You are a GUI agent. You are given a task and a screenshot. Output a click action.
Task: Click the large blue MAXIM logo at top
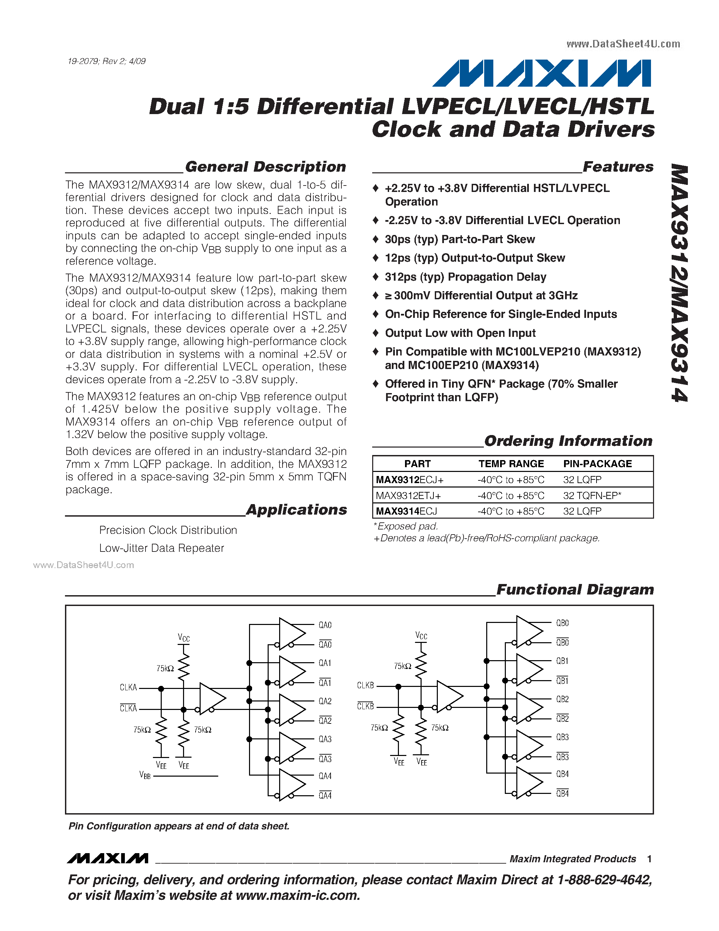pyautogui.click(x=542, y=73)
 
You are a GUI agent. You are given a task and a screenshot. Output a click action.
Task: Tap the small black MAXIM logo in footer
pyautogui.click(x=107, y=858)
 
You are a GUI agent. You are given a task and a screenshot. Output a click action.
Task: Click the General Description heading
pyautogui.click(x=265, y=167)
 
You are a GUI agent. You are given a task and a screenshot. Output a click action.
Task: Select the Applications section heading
pyautogui.click(x=296, y=510)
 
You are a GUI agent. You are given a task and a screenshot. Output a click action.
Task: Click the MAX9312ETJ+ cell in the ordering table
pyautogui.click(x=408, y=495)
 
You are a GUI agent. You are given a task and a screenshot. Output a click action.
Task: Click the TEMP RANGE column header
pyautogui.click(x=511, y=464)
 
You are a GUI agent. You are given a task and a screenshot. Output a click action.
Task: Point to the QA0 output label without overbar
pyautogui.click(x=325, y=625)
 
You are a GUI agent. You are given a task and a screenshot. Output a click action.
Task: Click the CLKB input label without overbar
pyautogui.click(x=365, y=685)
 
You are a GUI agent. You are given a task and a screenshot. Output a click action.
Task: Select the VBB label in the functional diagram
pyautogui.click(x=145, y=775)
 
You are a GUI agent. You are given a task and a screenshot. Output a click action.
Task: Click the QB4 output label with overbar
pyautogui.click(x=562, y=794)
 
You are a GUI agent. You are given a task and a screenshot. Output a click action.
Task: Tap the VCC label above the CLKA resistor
pyautogui.click(x=184, y=638)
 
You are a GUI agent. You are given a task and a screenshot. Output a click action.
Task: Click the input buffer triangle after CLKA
pyautogui.click(x=211, y=698)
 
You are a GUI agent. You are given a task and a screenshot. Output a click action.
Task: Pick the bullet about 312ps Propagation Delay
pyautogui.click(x=465, y=277)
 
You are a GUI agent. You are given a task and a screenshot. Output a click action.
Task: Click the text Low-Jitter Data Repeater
pyautogui.click(x=161, y=548)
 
